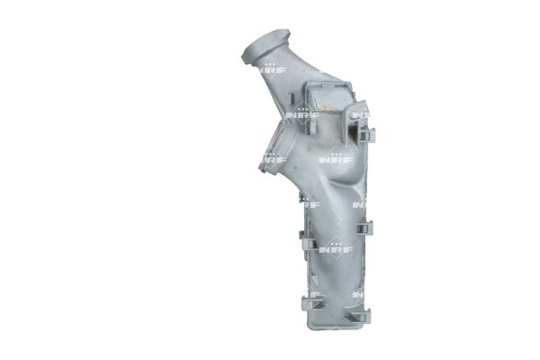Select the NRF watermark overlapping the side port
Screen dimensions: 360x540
[x=274, y=159]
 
